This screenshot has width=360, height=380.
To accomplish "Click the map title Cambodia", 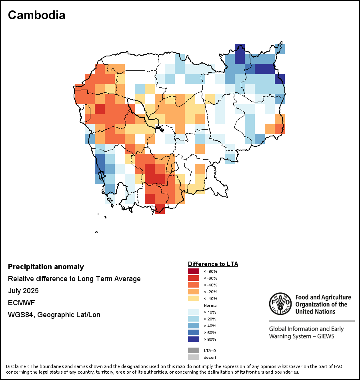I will pyautogui.click(x=36, y=15).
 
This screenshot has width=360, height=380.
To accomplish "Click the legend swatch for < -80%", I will pyautogui.click(x=193, y=271).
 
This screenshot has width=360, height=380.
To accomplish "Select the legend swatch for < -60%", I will pyautogui.click(x=193, y=278).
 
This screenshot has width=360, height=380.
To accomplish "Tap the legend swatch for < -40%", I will pyautogui.click(x=193, y=285).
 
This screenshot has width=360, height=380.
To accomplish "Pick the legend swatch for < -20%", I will pyautogui.click(x=193, y=292).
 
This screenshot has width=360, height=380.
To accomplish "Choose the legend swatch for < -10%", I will pyautogui.click(x=193, y=298).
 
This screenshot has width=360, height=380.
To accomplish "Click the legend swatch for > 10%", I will pyautogui.click(x=193, y=312).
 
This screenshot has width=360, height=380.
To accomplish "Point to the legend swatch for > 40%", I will pyautogui.click(x=193, y=326).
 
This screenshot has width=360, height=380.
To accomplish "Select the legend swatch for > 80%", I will pyautogui.click(x=193, y=339).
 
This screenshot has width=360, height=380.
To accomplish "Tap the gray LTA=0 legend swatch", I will pyautogui.click(x=193, y=350).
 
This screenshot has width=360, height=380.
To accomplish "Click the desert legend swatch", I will pyautogui.click(x=193, y=357).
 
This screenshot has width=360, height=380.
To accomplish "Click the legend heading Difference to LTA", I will pyautogui.click(x=213, y=264).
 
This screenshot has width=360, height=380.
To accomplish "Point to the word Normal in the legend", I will pyautogui.click(x=210, y=305).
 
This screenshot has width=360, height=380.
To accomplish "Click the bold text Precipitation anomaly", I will pyautogui.click(x=46, y=267).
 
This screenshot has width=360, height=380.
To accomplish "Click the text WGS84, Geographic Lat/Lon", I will pyautogui.click(x=54, y=315).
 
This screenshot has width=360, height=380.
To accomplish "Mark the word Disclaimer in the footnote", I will pyautogui.click(x=18, y=366).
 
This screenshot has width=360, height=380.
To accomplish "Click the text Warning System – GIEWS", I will pyautogui.click(x=302, y=336).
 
